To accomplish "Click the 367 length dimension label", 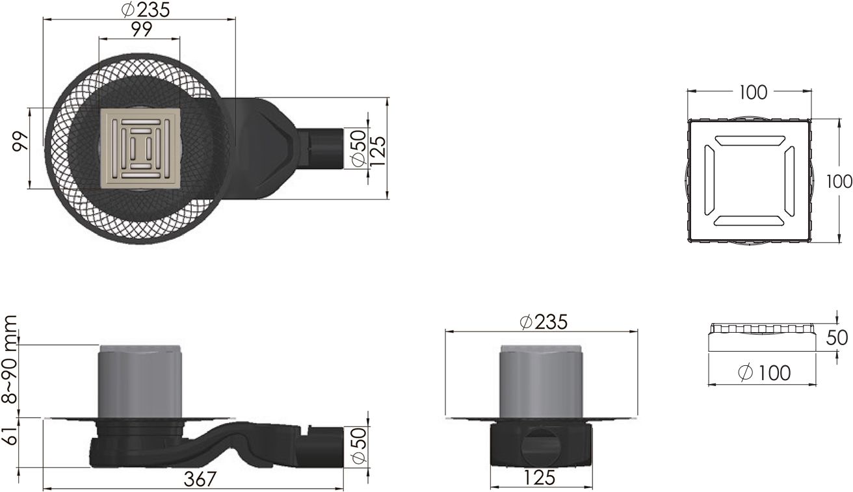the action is click(200, 478).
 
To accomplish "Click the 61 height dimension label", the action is click(10, 436).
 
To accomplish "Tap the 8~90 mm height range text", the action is click(10, 359).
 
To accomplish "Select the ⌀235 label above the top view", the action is click(146, 10).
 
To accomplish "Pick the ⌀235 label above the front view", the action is click(544, 322).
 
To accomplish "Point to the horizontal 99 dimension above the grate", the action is click(142, 29).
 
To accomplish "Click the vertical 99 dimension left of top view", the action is click(20, 142).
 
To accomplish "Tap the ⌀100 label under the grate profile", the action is click(765, 372).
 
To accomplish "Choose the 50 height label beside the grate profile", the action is click(837, 337).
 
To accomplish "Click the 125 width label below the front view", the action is click(539, 478).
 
